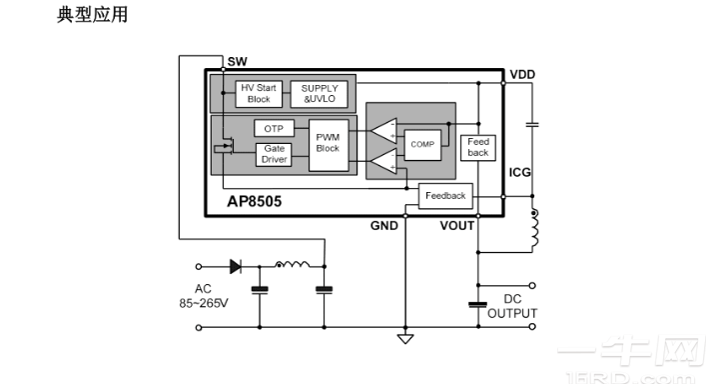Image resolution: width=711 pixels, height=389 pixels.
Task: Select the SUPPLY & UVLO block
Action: tap(320, 93)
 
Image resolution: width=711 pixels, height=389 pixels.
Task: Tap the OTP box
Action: tap(273, 129)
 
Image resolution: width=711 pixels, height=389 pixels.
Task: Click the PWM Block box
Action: tap(328, 143)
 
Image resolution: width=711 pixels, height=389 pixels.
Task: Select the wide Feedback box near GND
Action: tap(445, 196)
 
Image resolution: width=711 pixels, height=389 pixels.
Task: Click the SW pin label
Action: tap(238, 62)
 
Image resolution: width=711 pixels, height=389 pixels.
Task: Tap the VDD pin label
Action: tap(521, 75)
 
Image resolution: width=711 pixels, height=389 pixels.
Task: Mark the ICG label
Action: tap(520, 172)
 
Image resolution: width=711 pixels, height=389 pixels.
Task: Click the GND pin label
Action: tap(384, 226)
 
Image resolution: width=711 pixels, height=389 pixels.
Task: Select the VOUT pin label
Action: tap(457, 226)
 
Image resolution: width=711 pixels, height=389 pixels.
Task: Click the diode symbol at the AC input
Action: tap(237, 267)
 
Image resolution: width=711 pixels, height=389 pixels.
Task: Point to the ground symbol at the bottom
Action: tap(405, 338)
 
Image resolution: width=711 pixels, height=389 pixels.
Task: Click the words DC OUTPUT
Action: tap(511, 306)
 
